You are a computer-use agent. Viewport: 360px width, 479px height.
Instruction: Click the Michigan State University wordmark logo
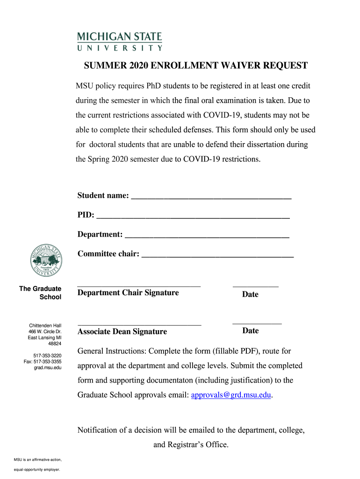point(120,41)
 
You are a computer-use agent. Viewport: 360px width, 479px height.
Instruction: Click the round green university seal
point(46,261)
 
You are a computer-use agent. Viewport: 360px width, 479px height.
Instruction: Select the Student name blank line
point(211,197)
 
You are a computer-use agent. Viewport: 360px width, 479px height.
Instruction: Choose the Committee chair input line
point(217,255)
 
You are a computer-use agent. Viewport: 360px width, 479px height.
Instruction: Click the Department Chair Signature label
point(128,293)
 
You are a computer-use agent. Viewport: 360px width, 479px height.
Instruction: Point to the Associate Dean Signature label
point(122,332)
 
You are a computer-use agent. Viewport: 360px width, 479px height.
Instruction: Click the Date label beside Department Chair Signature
point(250,294)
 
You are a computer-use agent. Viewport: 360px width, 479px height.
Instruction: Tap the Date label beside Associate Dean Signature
point(251,331)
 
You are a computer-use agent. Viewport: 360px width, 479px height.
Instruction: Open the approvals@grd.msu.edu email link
point(231,395)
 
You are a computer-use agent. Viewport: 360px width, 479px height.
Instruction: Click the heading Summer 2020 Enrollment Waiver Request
point(196,65)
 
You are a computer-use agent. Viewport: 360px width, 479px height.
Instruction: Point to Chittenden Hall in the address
point(45,325)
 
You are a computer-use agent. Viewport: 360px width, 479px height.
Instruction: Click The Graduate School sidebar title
point(40,293)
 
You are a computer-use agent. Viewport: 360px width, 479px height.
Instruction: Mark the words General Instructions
point(111,351)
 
